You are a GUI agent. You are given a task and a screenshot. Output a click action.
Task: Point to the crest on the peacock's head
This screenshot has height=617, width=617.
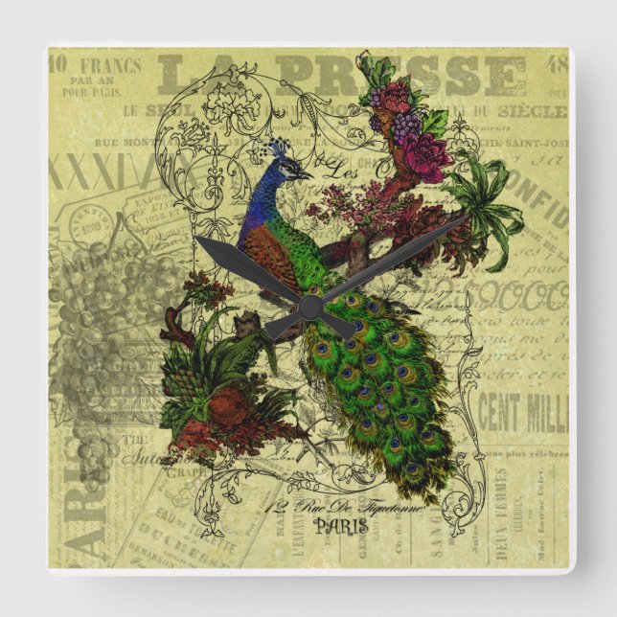tap(279, 148)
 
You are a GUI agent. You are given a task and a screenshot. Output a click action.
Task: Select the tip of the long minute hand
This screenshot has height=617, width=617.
tap(467, 217)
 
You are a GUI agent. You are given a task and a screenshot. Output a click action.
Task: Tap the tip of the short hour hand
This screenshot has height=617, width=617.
tap(197, 240)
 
